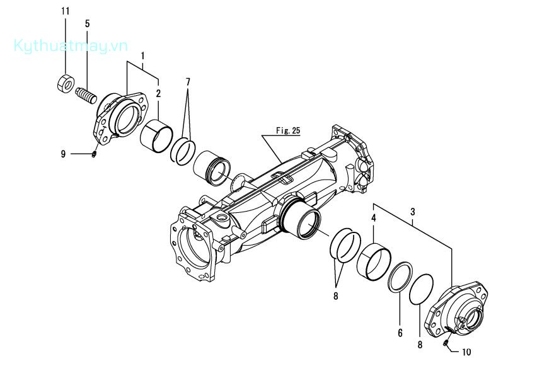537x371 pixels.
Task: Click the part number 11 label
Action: pyautogui.click(x=66, y=11)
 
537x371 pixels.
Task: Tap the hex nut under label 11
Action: pyautogui.click(x=66, y=83)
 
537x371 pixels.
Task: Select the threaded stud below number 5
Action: pyautogui.click(x=86, y=96)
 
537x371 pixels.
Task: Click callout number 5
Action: pyautogui.click(x=88, y=23)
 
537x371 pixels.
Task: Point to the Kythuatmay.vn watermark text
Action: pyautogui.click(x=71, y=46)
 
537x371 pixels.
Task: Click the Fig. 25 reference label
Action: pyautogui.click(x=288, y=130)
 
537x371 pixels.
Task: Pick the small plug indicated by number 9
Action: pyautogui.click(x=94, y=154)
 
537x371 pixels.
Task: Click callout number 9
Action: pyautogui.click(x=63, y=154)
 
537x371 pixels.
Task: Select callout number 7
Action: pyautogui.click(x=188, y=82)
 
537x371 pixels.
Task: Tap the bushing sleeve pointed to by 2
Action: pyautogui.click(x=156, y=135)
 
